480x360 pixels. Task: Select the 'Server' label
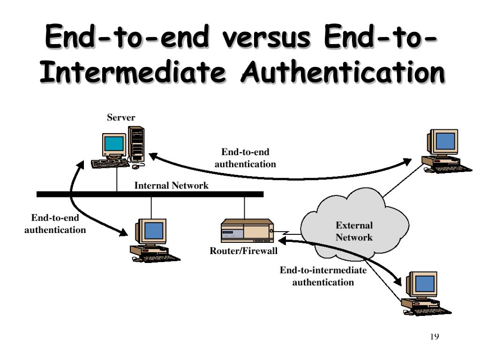click(121, 118)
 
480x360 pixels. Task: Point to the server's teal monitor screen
click(114, 143)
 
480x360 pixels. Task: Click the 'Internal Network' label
click(171, 186)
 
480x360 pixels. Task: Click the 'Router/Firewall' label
click(244, 251)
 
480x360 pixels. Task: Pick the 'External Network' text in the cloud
click(354, 232)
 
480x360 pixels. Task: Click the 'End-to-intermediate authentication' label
click(323, 276)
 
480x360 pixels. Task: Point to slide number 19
click(434, 336)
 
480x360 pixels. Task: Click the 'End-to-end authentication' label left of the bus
click(55, 224)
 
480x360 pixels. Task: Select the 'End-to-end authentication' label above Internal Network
click(245, 158)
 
